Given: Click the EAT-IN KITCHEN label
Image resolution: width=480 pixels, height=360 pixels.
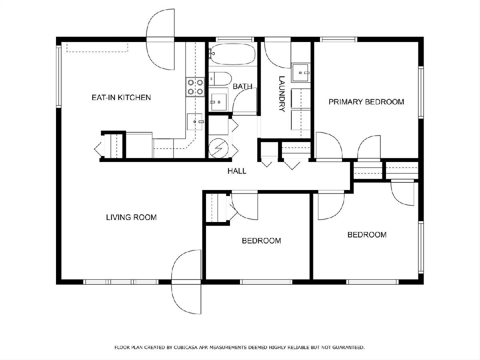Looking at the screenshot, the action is click(x=121, y=98).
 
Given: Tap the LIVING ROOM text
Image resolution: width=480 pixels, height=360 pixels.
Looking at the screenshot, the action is click(x=131, y=217).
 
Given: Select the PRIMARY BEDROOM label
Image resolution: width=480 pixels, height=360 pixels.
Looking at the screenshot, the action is click(x=366, y=102).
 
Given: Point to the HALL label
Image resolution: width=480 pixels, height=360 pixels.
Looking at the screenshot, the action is click(x=237, y=171).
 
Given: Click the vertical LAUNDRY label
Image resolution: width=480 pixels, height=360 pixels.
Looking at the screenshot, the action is click(x=282, y=94).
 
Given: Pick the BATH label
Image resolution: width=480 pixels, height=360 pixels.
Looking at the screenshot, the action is click(x=242, y=86).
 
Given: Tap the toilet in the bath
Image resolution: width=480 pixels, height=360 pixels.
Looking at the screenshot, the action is click(x=220, y=79).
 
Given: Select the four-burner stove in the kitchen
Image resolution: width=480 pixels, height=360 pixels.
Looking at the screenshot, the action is click(x=195, y=87).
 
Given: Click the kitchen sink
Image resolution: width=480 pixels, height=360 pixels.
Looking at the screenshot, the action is click(x=195, y=122).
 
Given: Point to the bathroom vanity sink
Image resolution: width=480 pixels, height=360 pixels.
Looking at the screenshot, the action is click(x=219, y=102).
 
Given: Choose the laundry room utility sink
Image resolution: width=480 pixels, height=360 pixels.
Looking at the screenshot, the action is click(x=301, y=72).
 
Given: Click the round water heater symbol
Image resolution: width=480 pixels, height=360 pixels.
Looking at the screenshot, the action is click(x=218, y=148).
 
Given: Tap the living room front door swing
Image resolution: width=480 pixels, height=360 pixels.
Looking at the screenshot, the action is click(x=186, y=282).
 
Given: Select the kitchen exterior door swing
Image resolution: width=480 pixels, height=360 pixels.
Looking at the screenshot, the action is click(x=160, y=39).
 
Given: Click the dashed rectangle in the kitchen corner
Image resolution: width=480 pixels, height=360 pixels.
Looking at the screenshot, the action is click(x=97, y=47).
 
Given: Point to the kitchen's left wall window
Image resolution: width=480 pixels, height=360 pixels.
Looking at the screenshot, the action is click(x=58, y=76).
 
